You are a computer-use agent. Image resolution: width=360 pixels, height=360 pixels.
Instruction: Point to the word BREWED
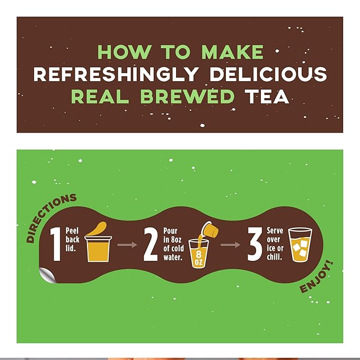pyautogui.click(x=190, y=96)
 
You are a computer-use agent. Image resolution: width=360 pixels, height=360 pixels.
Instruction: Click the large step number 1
pyautogui.click(x=55, y=244)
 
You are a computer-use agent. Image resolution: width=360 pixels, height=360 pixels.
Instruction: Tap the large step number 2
pyautogui.click(x=151, y=244)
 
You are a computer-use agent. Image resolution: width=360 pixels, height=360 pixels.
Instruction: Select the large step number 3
pyautogui.click(x=255, y=244)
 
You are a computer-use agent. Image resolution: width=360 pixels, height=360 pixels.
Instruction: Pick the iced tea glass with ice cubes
pyautogui.click(x=300, y=245)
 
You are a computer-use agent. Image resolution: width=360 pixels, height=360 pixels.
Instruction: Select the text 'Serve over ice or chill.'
pyautogui.click(x=275, y=244)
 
